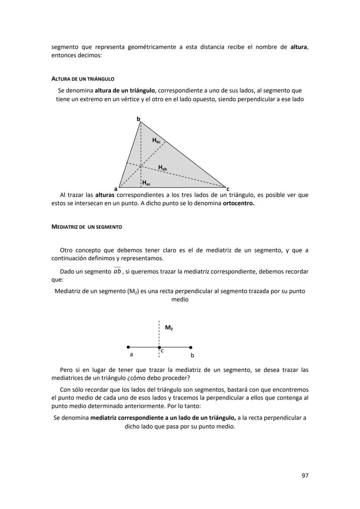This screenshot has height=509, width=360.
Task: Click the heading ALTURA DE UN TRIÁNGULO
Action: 83,79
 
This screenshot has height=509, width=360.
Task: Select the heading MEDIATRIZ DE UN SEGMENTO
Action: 87,227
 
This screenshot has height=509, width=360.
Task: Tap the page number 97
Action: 305,476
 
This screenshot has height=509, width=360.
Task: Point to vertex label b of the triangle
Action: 138,119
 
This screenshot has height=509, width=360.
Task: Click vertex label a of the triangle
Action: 116,189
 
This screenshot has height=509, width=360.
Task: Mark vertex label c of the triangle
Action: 228,189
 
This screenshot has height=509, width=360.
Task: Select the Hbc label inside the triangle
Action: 156,140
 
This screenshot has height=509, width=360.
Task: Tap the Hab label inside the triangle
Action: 162,167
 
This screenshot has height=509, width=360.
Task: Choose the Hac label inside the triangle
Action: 147,183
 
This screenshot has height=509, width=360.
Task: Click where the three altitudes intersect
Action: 140,165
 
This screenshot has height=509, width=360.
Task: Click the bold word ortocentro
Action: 238,203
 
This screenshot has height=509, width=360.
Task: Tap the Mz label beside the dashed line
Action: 169,328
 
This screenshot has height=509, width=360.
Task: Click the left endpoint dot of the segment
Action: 128,347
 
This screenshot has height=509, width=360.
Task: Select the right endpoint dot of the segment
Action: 191,347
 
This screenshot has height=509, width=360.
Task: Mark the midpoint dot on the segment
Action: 159,347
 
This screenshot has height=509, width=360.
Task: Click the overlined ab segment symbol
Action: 117,272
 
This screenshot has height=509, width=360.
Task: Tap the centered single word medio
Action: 180,299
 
